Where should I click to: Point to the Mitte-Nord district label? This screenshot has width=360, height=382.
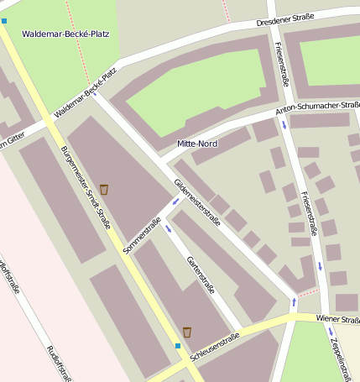click(197, 144)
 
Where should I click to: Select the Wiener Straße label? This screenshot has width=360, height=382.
click(337, 320)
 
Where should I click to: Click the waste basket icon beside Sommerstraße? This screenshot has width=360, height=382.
click(104, 189)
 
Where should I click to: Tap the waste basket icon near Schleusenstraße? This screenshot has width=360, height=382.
click(187, 332)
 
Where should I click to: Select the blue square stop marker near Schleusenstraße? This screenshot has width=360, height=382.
click(178, 345)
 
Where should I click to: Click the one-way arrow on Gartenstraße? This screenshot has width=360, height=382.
click(169, 228)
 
